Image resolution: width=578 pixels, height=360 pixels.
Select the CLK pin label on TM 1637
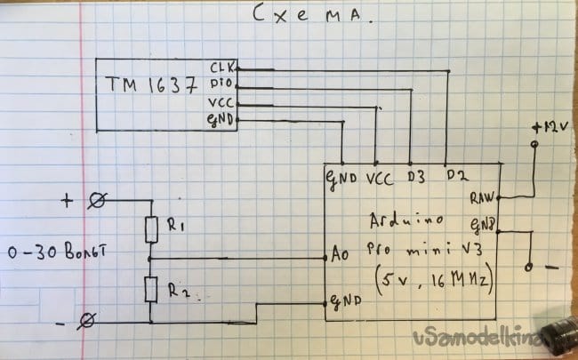[221, 68]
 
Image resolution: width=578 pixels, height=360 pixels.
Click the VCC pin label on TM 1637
[221, 103]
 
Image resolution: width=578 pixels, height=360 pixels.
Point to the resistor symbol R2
[151, 289]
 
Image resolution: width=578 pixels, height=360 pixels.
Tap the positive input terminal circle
[98, 204]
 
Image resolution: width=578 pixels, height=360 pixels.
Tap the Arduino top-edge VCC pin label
[379, 177]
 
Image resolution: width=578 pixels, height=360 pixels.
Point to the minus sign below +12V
[551, 267]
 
